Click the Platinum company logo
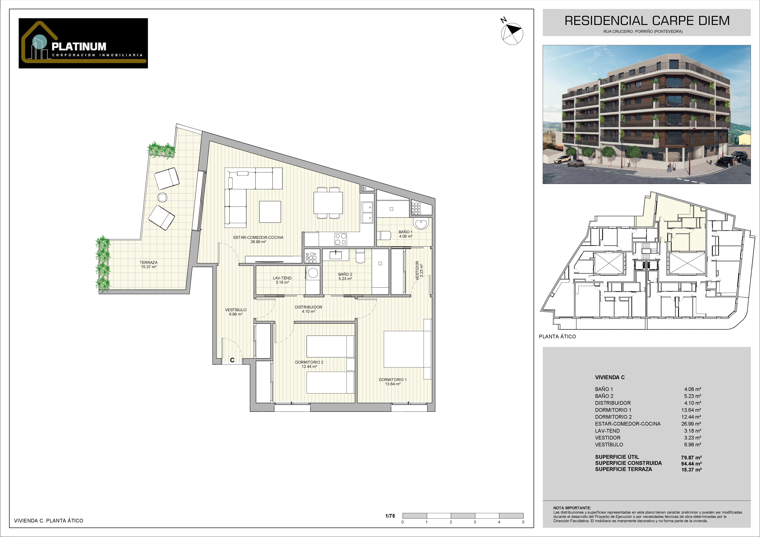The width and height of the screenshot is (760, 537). tap(83, 43)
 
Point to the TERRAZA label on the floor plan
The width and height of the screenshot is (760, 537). tap(149, 262)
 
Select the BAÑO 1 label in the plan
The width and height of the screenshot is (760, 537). tap(405, 232)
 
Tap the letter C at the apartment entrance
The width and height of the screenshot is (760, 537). tap(232, 360)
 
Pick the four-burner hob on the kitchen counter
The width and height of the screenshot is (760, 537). tap(341, 239)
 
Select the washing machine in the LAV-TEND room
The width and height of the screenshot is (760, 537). tap(313, 273)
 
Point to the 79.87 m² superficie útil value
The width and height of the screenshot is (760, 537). tap(691, 458)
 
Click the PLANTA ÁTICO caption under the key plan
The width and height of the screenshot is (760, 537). tap(557, 336)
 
